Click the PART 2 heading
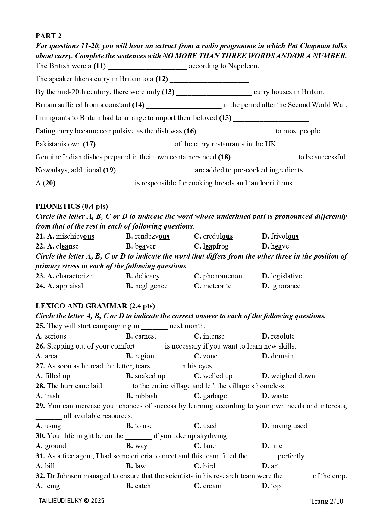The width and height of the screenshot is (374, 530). coord(48,36)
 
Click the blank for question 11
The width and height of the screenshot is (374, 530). coord(147,66)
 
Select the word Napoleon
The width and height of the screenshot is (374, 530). coord(243,66)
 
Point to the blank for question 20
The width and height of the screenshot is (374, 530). coord(95,184)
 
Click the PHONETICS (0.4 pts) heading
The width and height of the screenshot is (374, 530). coord(72,206)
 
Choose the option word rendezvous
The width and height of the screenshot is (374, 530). coord(152,236)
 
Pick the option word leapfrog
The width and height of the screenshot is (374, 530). coord(216,246)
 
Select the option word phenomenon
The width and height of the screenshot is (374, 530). coord(222,276)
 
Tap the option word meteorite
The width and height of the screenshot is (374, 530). coord(217,286)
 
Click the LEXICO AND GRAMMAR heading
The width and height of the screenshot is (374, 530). coord(95,306)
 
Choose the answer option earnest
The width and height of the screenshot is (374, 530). coord(145,336)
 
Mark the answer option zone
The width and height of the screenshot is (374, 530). coord(210,356)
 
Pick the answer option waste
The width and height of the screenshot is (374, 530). coord(279,396)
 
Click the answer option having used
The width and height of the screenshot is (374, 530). coord(289,426)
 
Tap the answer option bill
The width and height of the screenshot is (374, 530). coord(50,466)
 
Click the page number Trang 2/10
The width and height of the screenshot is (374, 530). coord(327,501)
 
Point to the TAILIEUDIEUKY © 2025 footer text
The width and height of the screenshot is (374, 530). coord(71,501)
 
